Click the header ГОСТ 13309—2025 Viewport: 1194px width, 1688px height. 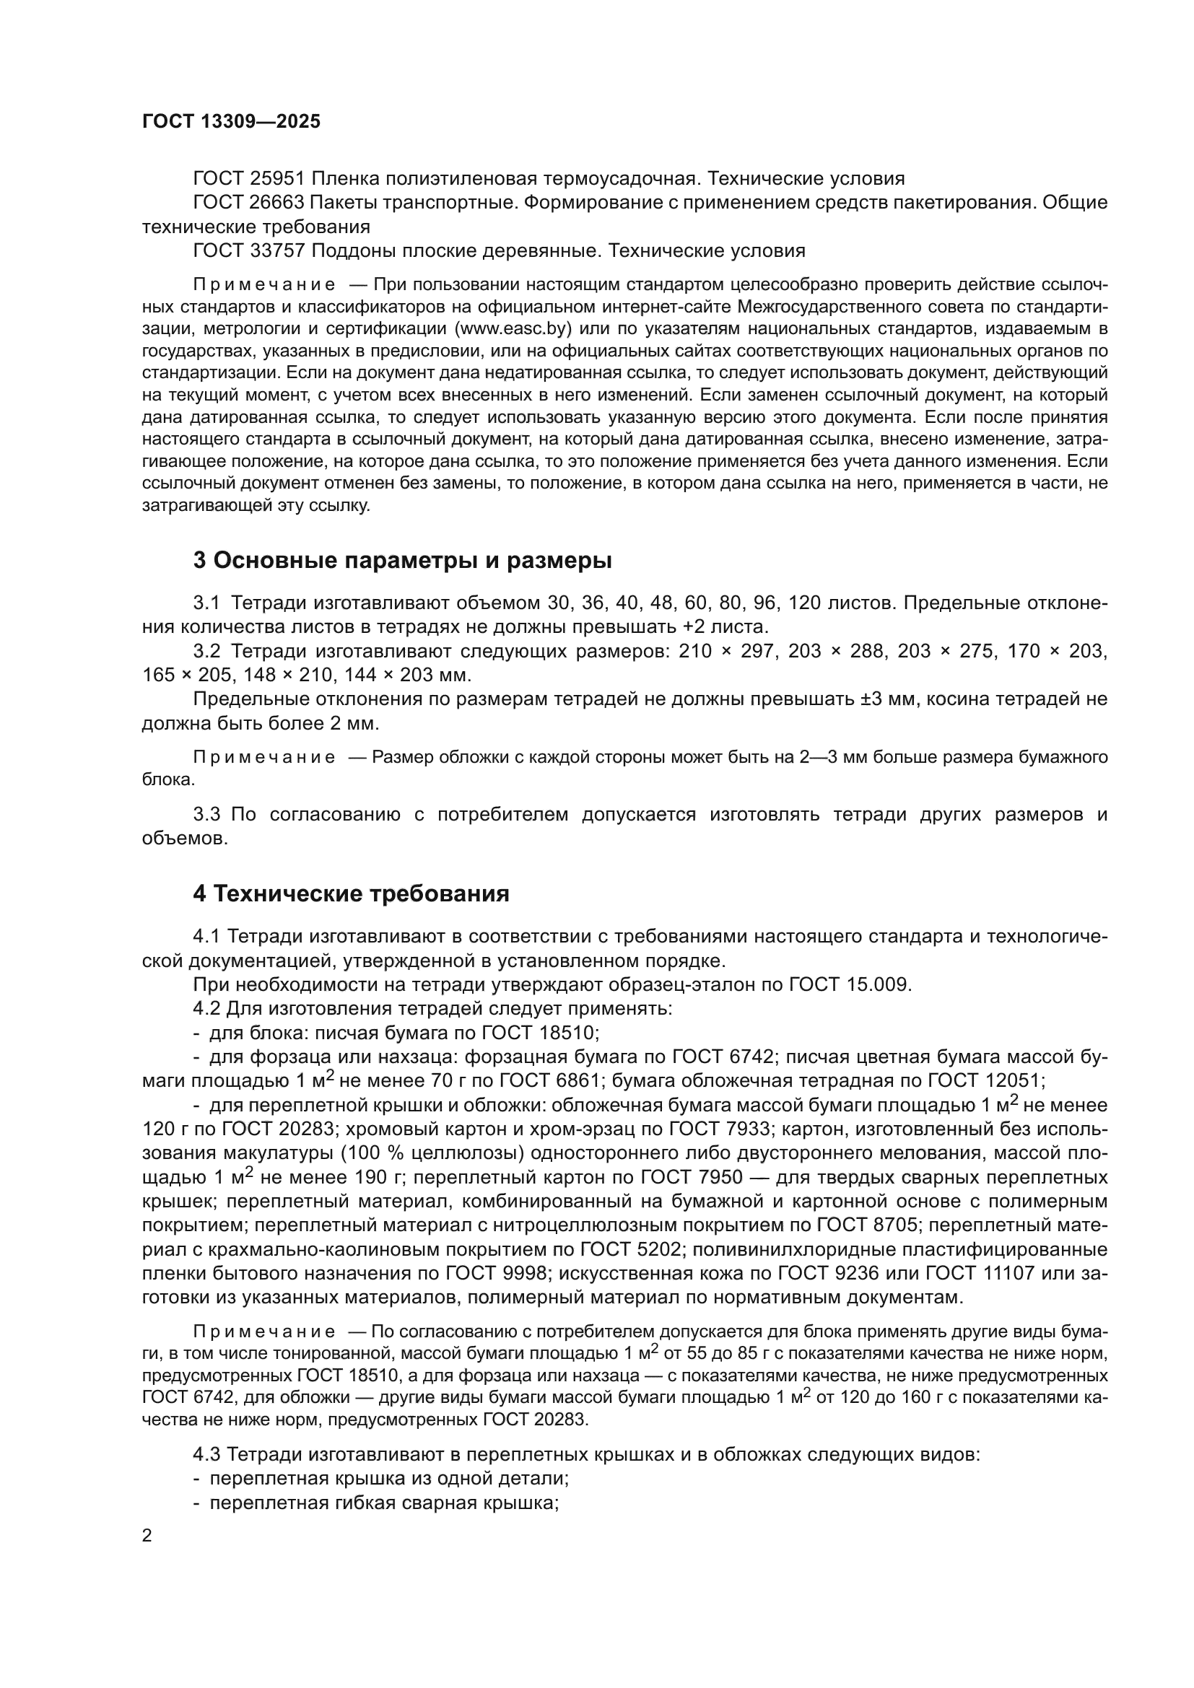click(x=231, y=121)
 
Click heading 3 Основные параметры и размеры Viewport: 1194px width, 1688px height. click(x=402, y=560)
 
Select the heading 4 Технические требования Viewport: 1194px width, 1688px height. click(x=351, y=894)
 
